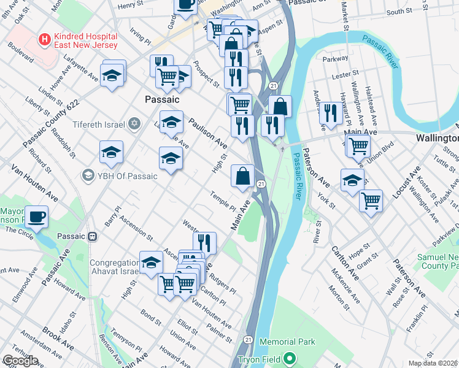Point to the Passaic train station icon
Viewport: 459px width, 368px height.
point(92,236)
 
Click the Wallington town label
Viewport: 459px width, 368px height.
point(437,138)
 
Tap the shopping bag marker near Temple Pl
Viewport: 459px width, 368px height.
point(243,176)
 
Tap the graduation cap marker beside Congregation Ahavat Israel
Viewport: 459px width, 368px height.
point(150,264)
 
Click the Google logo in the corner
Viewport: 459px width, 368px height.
point(20,361)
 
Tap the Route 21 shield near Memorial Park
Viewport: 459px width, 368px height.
point(248,339)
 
